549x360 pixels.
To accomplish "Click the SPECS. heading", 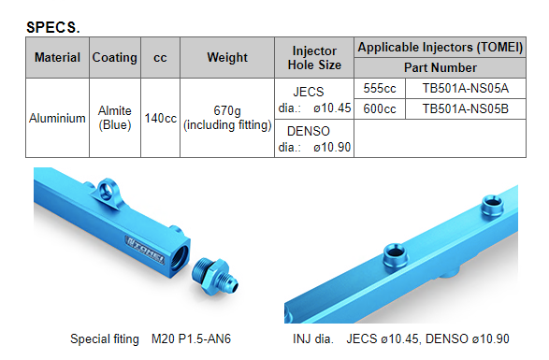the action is tap(53, 27).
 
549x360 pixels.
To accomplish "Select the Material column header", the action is tap(57, 57).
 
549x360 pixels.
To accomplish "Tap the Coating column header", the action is tap(114, 57).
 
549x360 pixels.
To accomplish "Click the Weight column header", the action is tap(227, 57).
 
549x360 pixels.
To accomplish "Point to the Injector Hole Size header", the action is tap(314, 58).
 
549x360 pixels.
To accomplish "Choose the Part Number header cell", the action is tap(441, 67).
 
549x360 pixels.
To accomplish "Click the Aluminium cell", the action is tap(57, 118).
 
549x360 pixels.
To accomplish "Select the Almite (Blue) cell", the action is tap(115, 118).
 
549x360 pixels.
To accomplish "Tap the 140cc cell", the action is tap(160, 118).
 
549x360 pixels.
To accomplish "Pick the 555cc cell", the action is tap(380, 88).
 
